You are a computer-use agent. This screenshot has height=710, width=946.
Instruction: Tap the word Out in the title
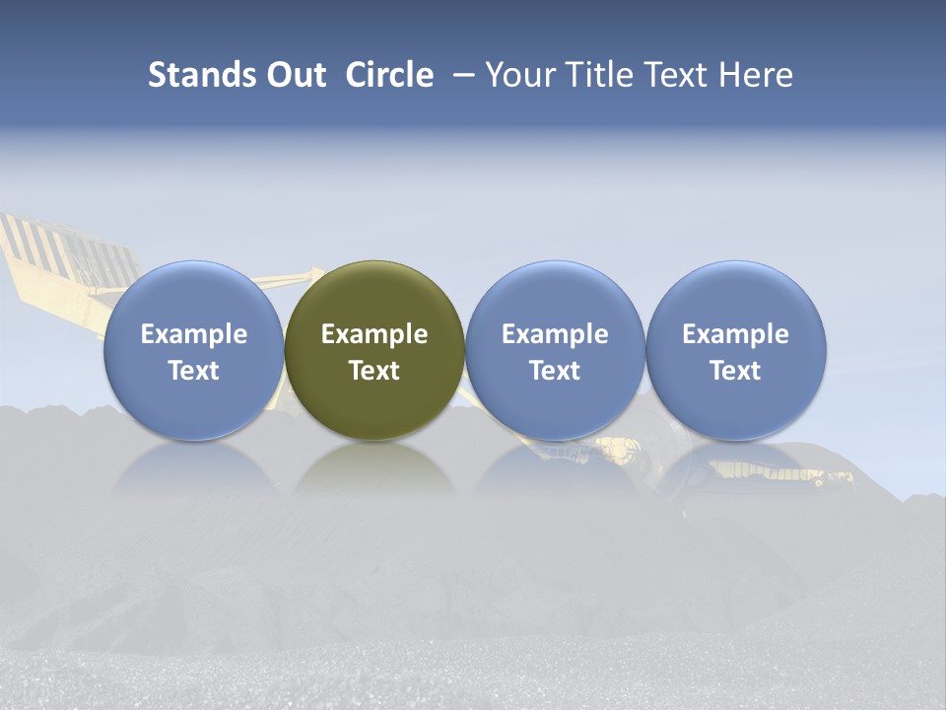(x=287, y=75)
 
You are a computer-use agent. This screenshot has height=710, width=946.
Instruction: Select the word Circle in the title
(x=389, y=75)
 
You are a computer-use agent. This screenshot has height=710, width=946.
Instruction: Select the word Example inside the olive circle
(x=374, y=334)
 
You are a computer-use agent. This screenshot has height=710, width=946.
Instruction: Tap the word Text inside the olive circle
(x=374, y=371)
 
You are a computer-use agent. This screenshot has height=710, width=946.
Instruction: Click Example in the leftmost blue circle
(x=194, y=334)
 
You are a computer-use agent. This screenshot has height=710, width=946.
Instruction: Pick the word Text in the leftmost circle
(x=194, y=371)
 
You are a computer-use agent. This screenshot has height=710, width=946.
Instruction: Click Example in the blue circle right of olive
(x=555, y=334)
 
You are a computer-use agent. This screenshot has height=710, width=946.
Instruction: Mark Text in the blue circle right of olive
(x=555, y=371)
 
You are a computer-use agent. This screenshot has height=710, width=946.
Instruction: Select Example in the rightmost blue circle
(x=735, y=334)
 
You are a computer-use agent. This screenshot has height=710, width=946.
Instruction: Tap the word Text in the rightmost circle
(x=735, y=371)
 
